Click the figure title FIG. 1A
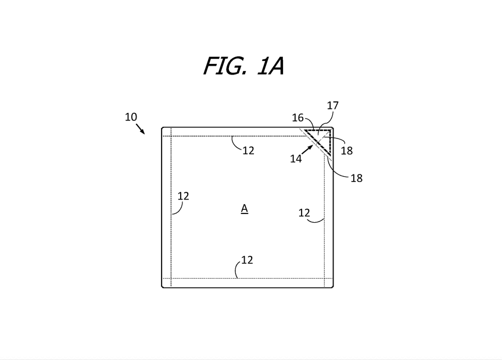[243, 66]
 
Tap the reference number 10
[131, 117]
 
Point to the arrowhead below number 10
[143, 132]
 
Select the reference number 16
[297, 118]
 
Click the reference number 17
[332, 106]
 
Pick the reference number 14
[296, 158]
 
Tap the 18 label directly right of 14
[347, 151]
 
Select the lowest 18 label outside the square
[356, 179]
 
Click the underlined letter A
[245, 208]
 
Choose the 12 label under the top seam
[248, 151]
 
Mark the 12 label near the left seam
[183, 196]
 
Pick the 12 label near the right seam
[304, 213]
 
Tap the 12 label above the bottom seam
[247, 260]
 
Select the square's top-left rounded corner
[163, 128]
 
